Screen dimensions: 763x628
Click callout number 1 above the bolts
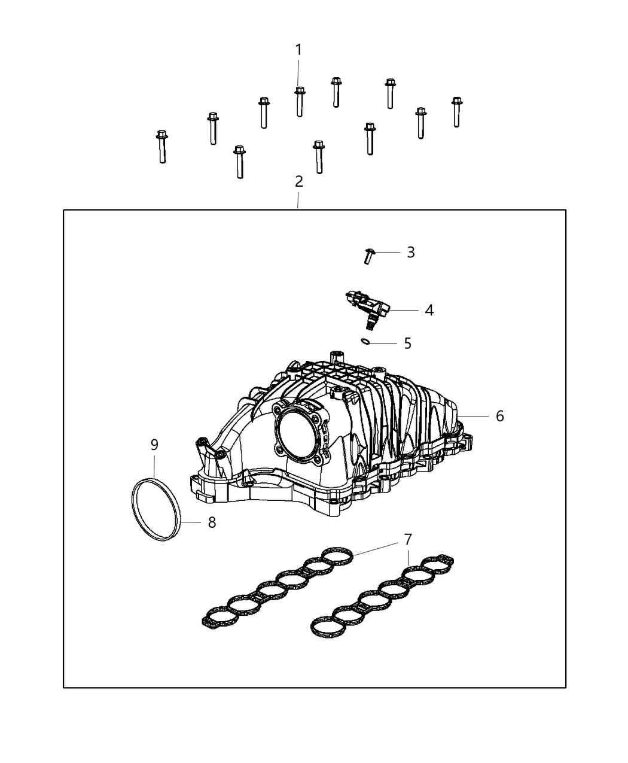tap(298, 50)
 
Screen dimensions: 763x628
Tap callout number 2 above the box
tap(298, 181)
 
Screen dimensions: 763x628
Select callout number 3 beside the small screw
tap(410, 252)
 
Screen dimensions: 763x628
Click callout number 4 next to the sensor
tap(429, 310)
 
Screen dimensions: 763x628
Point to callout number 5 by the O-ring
tap(407, 343)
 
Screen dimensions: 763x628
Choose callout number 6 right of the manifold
tap(499, 415)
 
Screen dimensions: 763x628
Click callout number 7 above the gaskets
tap(408, 539)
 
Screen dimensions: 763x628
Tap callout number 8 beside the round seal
tap(212, 522)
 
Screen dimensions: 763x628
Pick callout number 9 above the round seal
tap(154, 445)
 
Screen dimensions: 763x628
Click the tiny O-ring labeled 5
tap(366, 342)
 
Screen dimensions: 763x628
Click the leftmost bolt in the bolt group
tap(161, 146)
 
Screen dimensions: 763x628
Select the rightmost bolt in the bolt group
tap(457, 112)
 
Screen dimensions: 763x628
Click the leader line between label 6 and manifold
tap(475, 415)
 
